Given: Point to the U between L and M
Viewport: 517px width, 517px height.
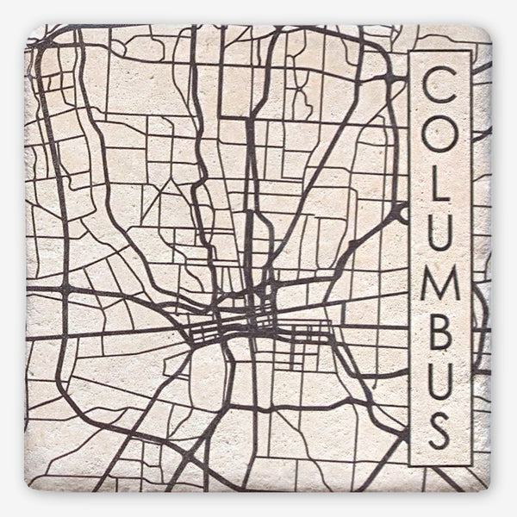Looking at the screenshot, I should pos(440,233).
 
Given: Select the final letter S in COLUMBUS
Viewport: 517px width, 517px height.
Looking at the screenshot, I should pos(440,431).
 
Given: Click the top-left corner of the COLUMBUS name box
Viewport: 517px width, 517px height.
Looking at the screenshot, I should pos(410,52).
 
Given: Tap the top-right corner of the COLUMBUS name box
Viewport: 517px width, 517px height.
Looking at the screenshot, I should pos(471,52).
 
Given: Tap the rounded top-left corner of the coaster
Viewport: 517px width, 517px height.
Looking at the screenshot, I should pos(32,30).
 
